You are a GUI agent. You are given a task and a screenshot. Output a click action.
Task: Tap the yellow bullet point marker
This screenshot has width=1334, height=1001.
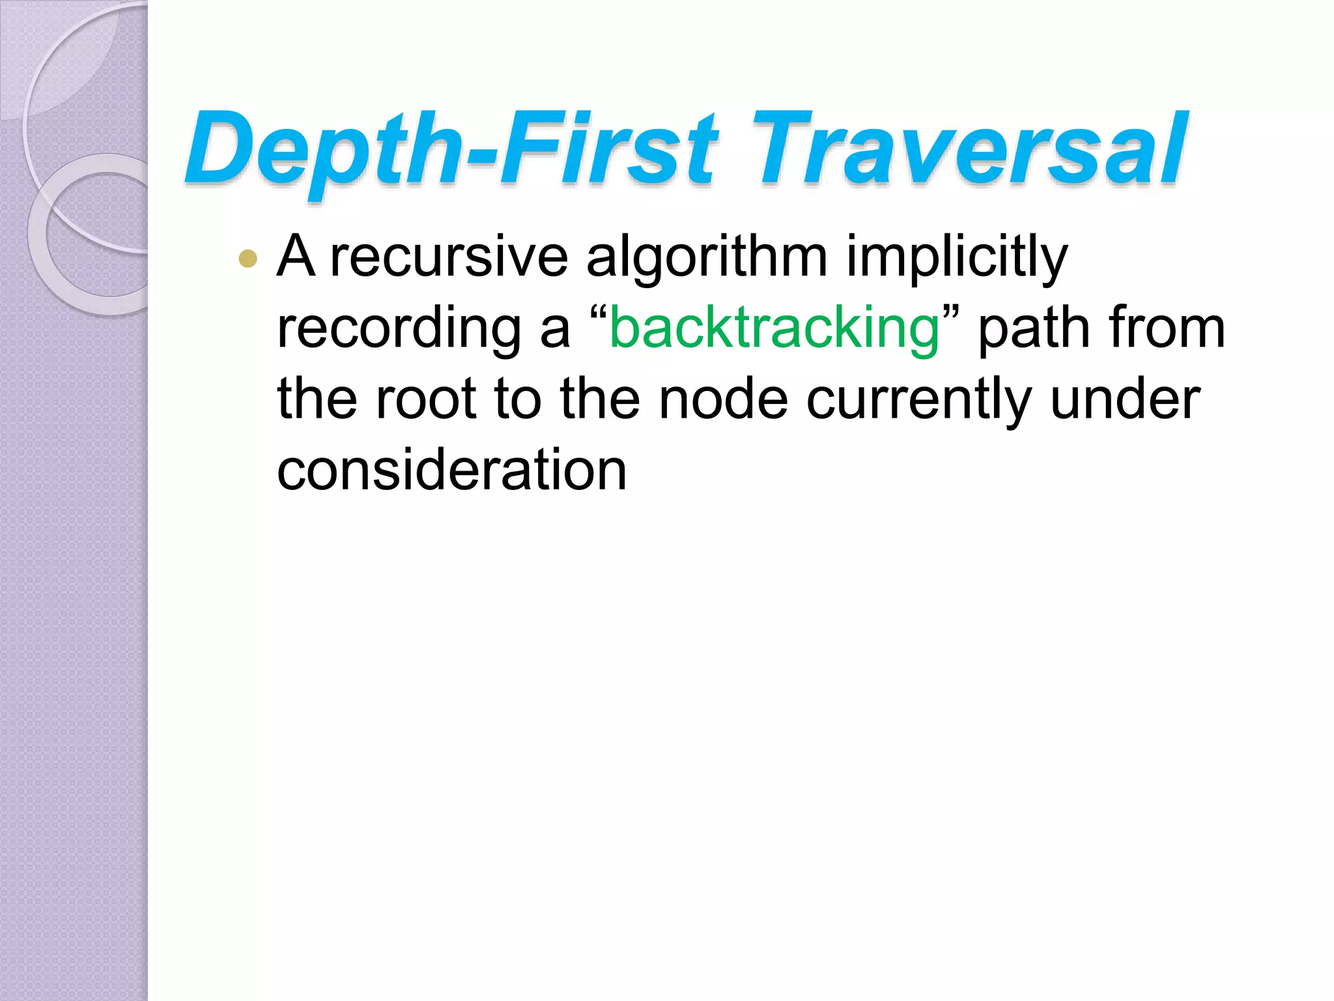click(x=248, y=259)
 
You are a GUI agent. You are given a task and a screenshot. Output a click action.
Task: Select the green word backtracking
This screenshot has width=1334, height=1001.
click(x=774, y=328)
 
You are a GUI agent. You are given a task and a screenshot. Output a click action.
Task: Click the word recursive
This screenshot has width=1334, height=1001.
click(x=449, y=257)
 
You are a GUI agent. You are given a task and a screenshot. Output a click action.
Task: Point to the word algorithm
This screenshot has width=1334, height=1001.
click(x=707, y=257)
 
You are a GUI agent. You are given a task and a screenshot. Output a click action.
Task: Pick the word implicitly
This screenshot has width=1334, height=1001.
click(x=957, y=257)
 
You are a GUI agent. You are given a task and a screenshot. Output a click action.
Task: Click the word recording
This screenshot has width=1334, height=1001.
click(x=399, y=328)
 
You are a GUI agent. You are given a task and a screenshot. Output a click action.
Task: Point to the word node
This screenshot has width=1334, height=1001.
click(x=723, y=399)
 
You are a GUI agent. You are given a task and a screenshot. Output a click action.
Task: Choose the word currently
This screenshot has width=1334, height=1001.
click(x=919, y=399)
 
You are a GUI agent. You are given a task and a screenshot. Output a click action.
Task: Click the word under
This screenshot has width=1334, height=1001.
click(x=1126, y=399)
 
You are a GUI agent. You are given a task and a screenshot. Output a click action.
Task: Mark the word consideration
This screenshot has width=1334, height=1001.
click(x=451, y=471)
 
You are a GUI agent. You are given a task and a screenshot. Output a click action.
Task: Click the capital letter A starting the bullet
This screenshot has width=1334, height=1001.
click(x=296, y=257)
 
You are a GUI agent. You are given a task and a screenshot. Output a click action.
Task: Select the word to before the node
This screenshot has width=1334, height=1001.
click(x=518, y=399)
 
